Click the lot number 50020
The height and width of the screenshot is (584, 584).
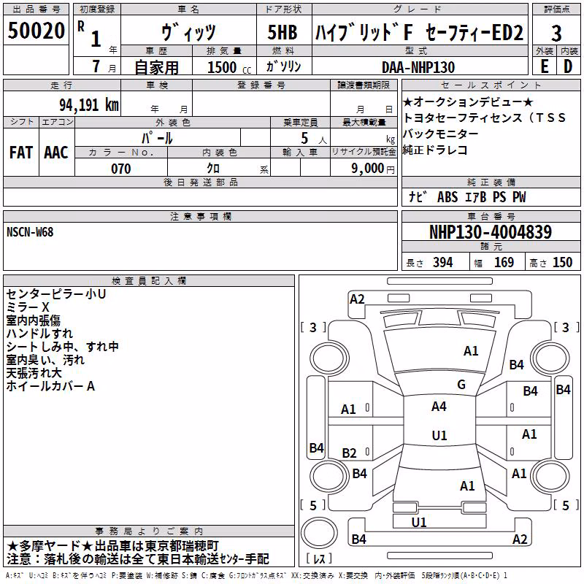(36, 31)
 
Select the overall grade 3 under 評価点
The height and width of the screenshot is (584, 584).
(556, 34)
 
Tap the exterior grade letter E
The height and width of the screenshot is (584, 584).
(545, 66)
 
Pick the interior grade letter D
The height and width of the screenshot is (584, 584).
(568, 66)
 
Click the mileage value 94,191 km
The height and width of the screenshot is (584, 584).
(89, 105)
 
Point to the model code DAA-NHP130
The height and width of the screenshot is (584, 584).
(418, 67)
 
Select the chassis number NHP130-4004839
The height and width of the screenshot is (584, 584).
(491, 232)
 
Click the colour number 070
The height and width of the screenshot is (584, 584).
(121, 169)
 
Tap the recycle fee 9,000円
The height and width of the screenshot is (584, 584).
(373, 169)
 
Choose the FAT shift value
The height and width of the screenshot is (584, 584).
(21, 153)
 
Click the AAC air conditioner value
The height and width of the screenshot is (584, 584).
(56, 153)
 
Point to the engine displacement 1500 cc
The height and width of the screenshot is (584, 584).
(229, 67)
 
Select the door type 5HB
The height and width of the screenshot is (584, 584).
(283, 32)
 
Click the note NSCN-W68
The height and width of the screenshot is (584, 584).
(30, 232)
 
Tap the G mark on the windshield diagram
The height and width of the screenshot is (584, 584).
(461, 384)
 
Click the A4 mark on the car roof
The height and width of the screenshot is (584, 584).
(439, 407)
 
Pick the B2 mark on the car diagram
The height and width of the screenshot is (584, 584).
(349, 453)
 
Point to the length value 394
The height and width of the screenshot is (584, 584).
(443, 263)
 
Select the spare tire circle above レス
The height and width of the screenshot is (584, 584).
(319, 533)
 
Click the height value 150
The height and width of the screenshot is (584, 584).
(562, 263)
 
